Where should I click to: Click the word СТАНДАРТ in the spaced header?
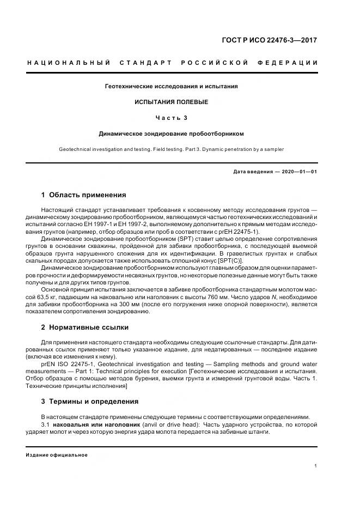click(x=142, y=63)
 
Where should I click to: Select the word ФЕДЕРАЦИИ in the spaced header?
click(x=291, y=63)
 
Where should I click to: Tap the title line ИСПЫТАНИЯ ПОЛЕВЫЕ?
click(x=172, y=102)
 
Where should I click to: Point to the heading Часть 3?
click(x=172, y=118)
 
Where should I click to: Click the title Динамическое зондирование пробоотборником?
click(x=172, y=133)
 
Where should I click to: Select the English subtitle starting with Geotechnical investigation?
click(x=172, y=149)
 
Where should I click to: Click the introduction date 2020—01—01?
click(x=298, y=172)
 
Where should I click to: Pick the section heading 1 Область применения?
click(x=83, y=195)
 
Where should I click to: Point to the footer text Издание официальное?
click(x=57, y=455)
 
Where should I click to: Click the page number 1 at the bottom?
click(x=316, y=466)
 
